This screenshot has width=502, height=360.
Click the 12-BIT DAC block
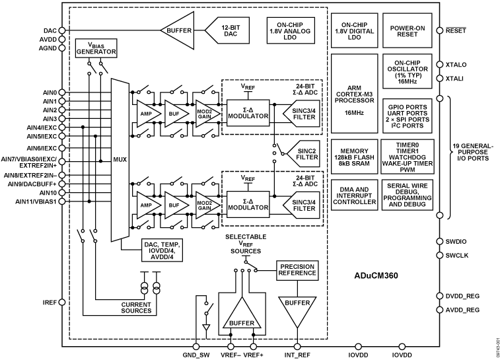click(x=227, y=30)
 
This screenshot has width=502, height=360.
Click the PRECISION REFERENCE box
click(x=297, y=270)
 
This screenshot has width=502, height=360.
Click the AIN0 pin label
click(x=50, y=93)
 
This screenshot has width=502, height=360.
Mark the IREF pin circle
click(x=62, y=303)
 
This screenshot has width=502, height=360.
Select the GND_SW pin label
click(x=196, y=355)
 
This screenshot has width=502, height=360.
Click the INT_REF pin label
click(x=297, y=355)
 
